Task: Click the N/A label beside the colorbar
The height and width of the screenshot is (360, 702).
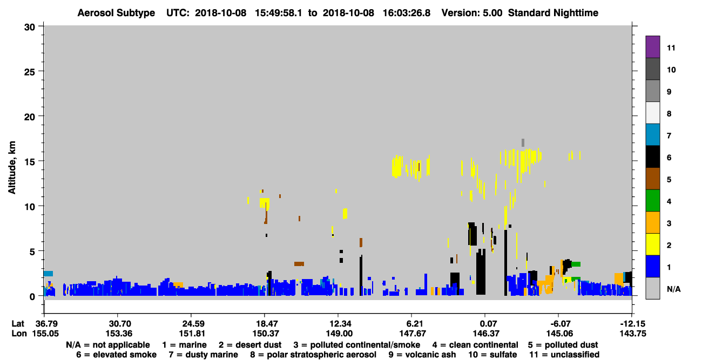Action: click(x=674, y=289)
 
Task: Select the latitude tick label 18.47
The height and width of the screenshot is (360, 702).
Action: click(x=266, y=324)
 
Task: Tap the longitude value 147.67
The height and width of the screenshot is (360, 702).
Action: click(x=413, y=334)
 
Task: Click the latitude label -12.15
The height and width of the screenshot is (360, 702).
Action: click(x=633, y=324)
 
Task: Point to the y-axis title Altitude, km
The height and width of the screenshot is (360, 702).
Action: click(x=12, y=168)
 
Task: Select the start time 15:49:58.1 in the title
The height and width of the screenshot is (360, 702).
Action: click(x=278, y=13)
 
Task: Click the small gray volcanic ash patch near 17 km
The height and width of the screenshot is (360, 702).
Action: click(x=523, y=142)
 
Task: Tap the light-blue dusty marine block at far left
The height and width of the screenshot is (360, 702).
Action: click(x=48, y=274)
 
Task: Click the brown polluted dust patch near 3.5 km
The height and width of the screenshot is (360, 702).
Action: click(x=299, y=264)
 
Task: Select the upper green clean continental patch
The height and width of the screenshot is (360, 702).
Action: click(x=576, y=264)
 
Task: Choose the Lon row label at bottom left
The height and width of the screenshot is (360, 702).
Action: click(x=19, y=334)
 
